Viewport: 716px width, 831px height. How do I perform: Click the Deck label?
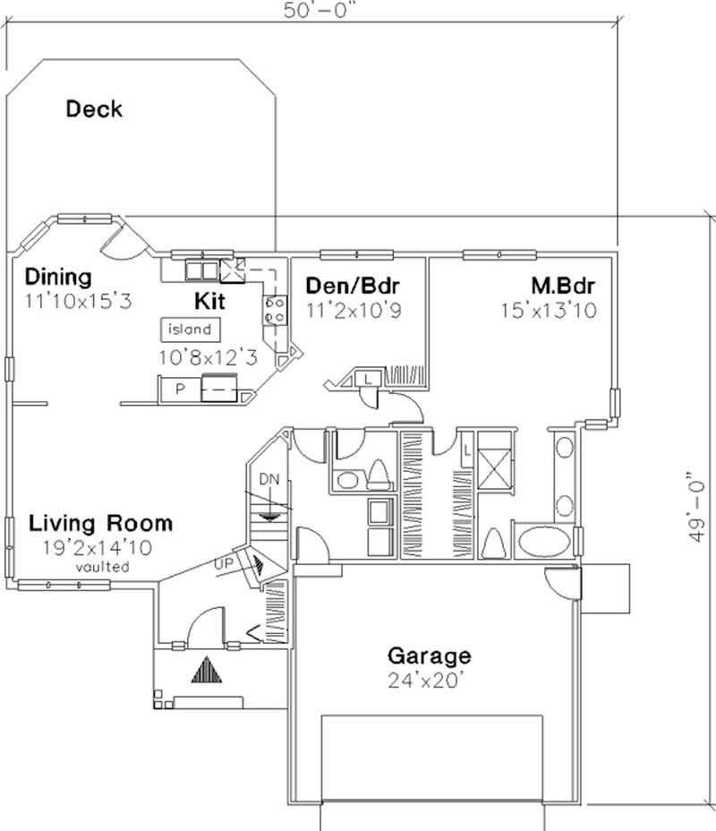click(94, 110)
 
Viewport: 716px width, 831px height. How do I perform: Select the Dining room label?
click(58, 276)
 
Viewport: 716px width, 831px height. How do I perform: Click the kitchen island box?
click(190, 329)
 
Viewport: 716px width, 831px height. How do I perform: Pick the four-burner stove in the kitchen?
click(275, 310)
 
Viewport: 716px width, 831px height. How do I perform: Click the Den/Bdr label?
click(352, 286)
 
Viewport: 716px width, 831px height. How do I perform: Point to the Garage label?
click(428, 655)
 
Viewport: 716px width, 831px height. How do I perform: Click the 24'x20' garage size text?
click(428, 680)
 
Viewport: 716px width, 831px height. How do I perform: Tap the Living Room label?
click(100, 523)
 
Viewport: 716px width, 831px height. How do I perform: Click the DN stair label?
click(270, 479)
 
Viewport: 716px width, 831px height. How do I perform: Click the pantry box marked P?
click(179, 389)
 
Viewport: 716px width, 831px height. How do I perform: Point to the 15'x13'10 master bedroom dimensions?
click(550, 310)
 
